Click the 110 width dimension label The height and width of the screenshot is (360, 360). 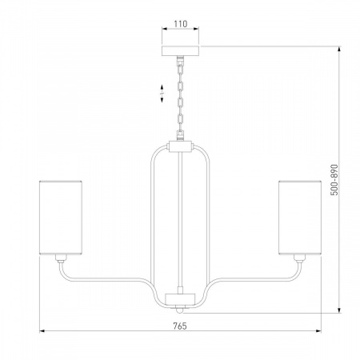click(x=181, y=24)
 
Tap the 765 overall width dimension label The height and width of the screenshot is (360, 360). click(x=180, y=326)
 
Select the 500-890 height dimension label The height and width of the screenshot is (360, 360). click(x=334, y=180)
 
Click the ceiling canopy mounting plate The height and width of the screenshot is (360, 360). click(x=181, y=51)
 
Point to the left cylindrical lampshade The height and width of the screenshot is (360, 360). click(x=61, y=218)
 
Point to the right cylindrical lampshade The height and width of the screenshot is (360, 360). click(x=300, y=218)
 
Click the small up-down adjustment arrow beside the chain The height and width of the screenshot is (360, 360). click(x=162, y=94)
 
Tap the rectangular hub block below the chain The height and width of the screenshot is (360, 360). click(x=181, y=147)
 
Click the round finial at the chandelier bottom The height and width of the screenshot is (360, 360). click(x=180, y=310)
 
